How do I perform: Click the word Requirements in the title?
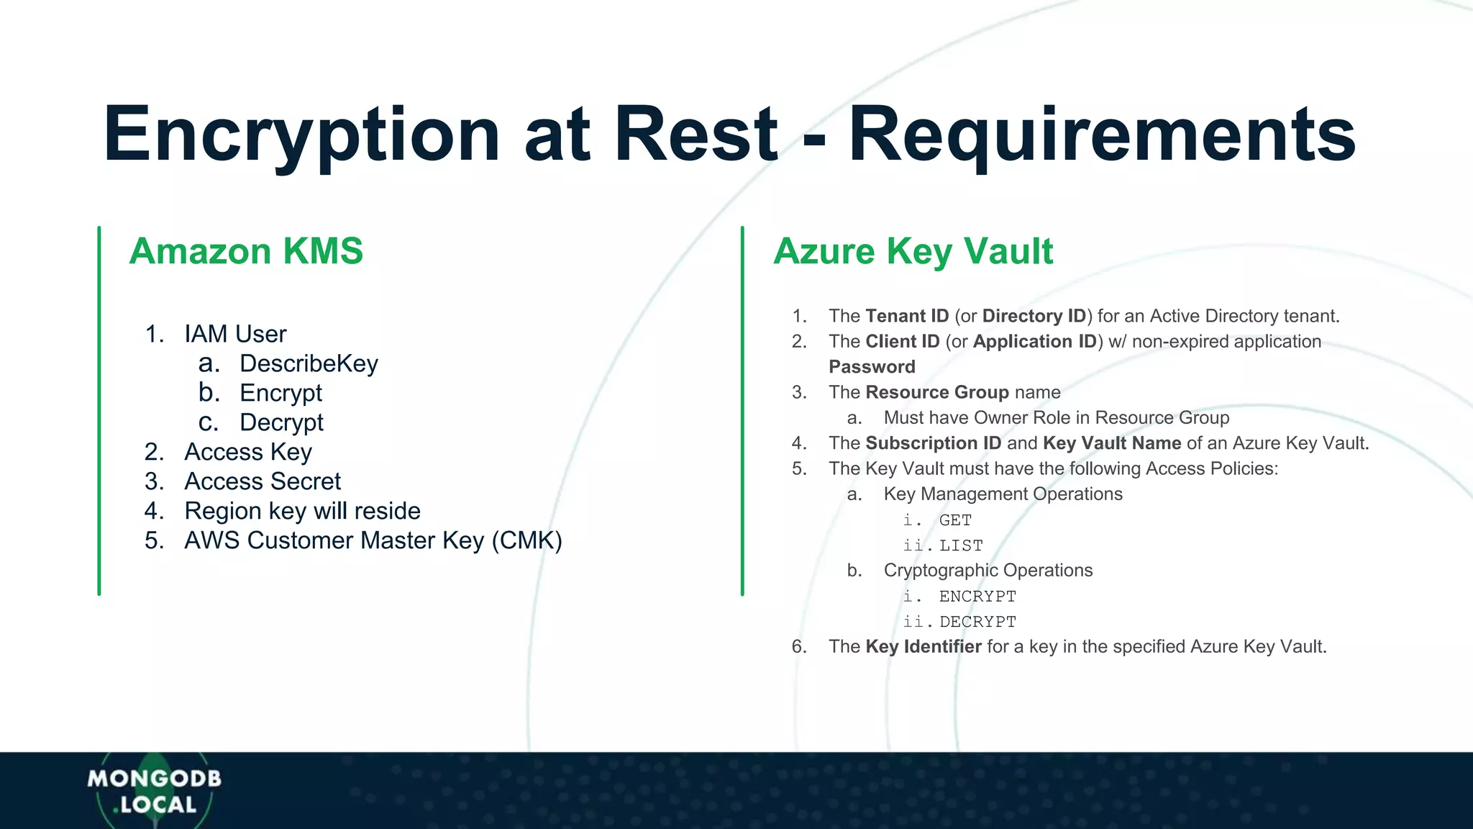point(1102,135)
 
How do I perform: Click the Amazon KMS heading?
point(246,251)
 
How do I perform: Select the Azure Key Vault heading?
point(913,251)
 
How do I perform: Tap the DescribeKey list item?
point(309,363)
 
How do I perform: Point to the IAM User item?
point(235,334)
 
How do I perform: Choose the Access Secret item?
point(263,481)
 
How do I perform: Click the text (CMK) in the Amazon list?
point(526,540)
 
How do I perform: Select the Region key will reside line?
point(302,511)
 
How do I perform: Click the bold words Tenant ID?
point(907,316)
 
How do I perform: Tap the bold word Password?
point(872,367)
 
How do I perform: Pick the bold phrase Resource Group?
point(937,392)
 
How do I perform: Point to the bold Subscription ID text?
point(933,443)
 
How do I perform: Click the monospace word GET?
point(955,520)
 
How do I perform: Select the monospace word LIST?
point(961,546)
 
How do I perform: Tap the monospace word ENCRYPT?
point(977,597)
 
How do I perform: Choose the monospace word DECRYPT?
point(977,622)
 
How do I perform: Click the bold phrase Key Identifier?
point(924,647)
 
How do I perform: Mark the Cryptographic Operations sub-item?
point(988,571)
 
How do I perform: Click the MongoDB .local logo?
point(154,791)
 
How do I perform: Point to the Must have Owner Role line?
point(1056,418)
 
